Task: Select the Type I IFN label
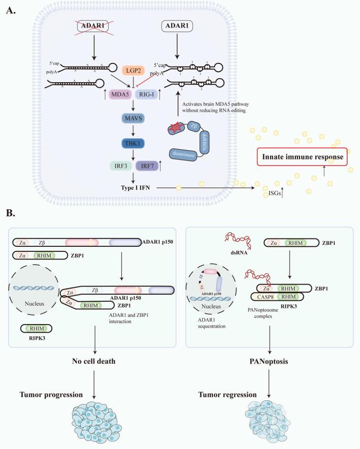point(137,188)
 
